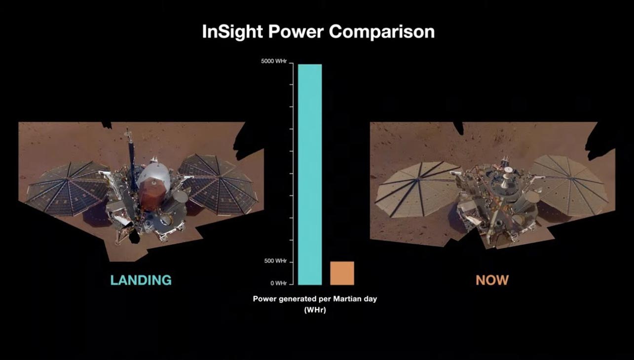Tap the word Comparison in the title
coord(382,32)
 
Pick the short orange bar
coord(342,273)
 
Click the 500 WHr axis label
coord(275,261)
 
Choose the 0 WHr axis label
coord(278,283)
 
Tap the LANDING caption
coord(141,281)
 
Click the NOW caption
coord(492,281)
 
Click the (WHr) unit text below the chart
coord(315,311)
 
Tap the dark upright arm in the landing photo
coord(132,155)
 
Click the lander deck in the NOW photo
coord(498,192)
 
